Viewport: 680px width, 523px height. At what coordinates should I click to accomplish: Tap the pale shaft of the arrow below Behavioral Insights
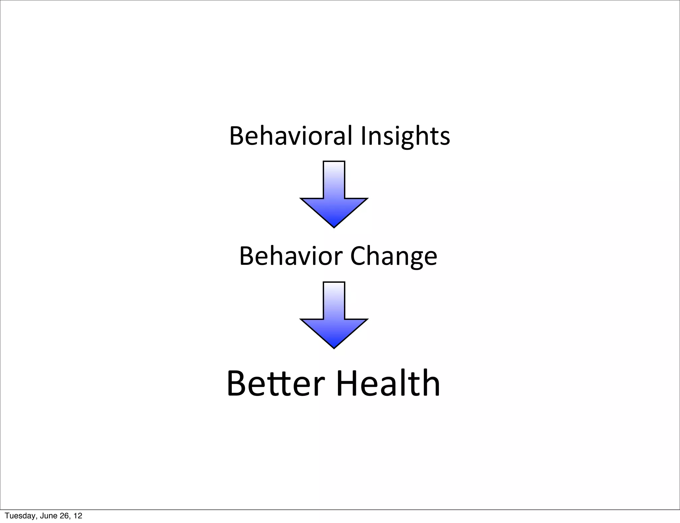coord(334,179)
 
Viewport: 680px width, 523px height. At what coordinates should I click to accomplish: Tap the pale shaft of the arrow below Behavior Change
coord(334,300)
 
